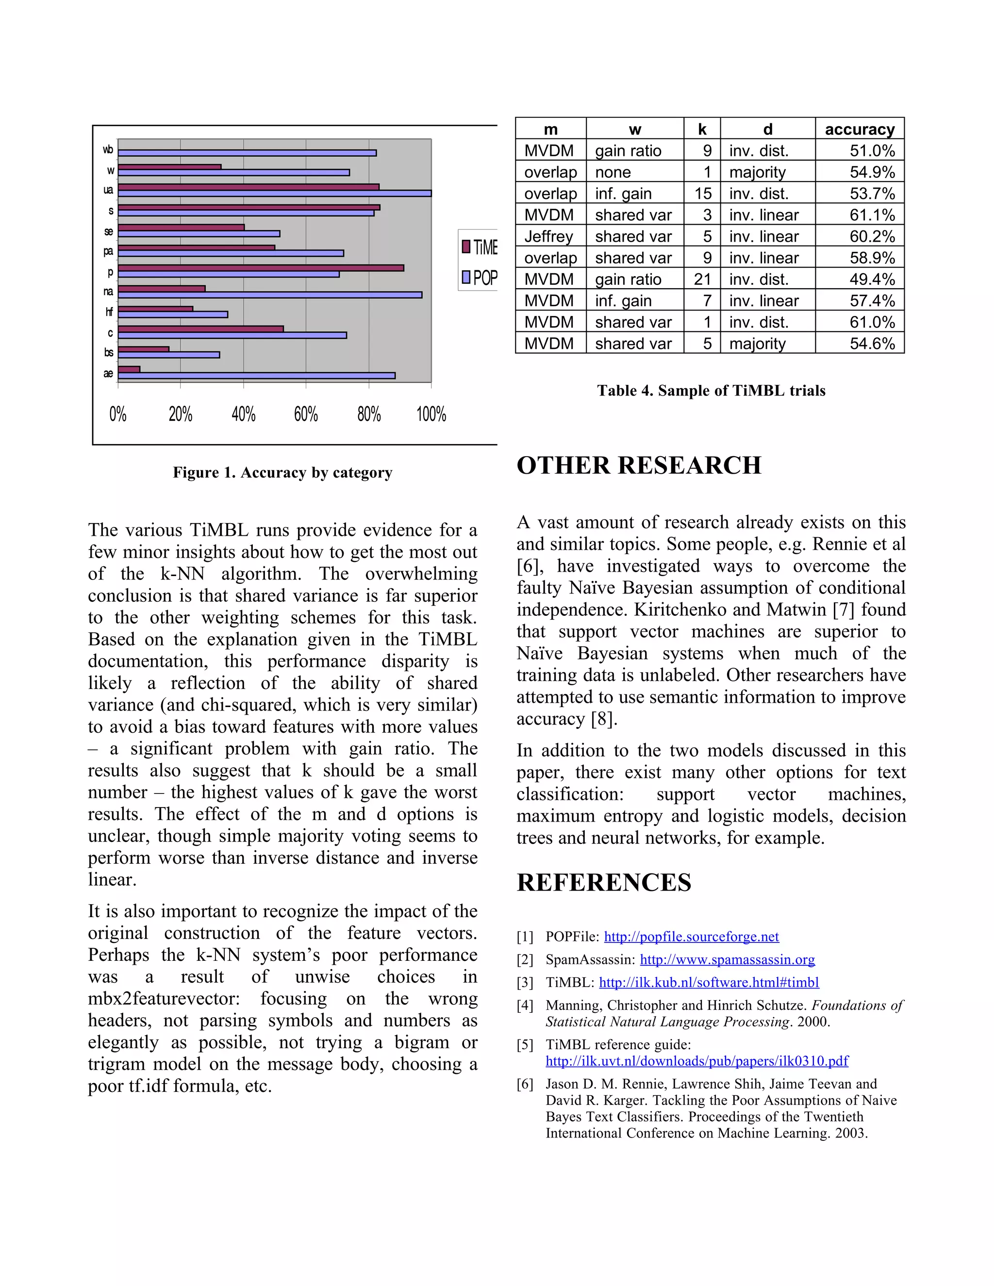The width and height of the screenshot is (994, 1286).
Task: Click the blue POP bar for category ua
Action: pyautogui.click(x=274, y=193)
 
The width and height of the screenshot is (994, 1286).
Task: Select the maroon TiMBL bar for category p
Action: pyautogui.click(x=261, y=268)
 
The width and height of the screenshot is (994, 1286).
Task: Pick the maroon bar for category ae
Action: pyautogui.click(x=129, y=369)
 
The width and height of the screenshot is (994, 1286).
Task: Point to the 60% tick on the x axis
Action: pyautogui.click(x=306, y=414)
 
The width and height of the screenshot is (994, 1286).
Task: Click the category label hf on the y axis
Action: pyautogui.click(x=109, y=312)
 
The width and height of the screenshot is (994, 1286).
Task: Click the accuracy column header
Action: pyautogui.click(x=859, y=129)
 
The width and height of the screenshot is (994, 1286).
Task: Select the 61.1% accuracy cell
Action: pyautogui.click(x=872, y=215)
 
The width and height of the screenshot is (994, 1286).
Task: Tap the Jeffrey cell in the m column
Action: pyautogui.click(x=548, y=237)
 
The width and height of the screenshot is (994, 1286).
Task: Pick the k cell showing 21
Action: pyautogui.click(x=702, y=279)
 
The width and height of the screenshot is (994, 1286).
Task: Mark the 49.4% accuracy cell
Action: pyautogui.click(x=872, y=279)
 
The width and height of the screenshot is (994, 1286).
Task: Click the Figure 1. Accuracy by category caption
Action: pyautogui.click(x=282, y=473)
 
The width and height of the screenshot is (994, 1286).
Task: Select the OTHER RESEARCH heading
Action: pyautogui.click(x=638, y=465)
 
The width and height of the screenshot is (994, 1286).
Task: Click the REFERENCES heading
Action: pyautogui.click(x=604, y=883)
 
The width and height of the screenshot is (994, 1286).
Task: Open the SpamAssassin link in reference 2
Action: pyautogui.click(x=727, y=960)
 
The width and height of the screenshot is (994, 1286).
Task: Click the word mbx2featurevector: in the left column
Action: pyautogui.click(x=166, y=999)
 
